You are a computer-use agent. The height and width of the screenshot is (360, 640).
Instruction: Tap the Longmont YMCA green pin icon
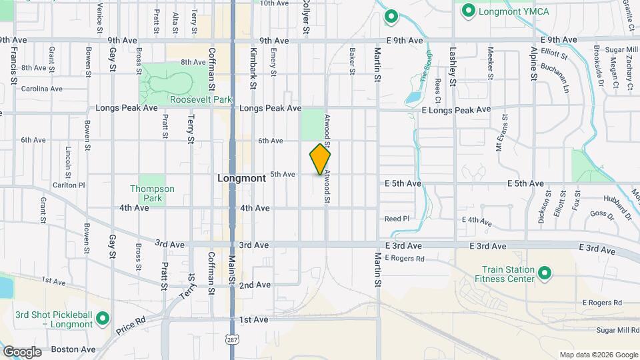468,11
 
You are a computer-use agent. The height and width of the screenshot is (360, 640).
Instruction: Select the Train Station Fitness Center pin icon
544,274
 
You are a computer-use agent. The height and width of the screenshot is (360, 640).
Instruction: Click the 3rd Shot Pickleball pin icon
102,319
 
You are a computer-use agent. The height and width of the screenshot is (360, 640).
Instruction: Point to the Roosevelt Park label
201,99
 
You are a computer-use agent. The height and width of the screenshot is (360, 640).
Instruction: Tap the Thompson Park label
152,193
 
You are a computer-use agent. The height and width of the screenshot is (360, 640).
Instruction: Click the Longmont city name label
242,179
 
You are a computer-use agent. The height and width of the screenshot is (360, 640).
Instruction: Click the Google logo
22,351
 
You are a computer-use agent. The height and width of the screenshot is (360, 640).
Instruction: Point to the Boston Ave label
73,349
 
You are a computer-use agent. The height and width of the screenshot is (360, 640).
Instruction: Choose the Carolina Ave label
41,89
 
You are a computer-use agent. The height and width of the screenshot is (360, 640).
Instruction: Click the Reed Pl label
397,219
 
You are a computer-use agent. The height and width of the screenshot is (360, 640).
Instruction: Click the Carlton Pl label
69,185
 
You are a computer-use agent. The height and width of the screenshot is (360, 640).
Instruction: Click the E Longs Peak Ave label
457,109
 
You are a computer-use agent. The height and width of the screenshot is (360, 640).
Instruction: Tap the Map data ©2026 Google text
598,355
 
